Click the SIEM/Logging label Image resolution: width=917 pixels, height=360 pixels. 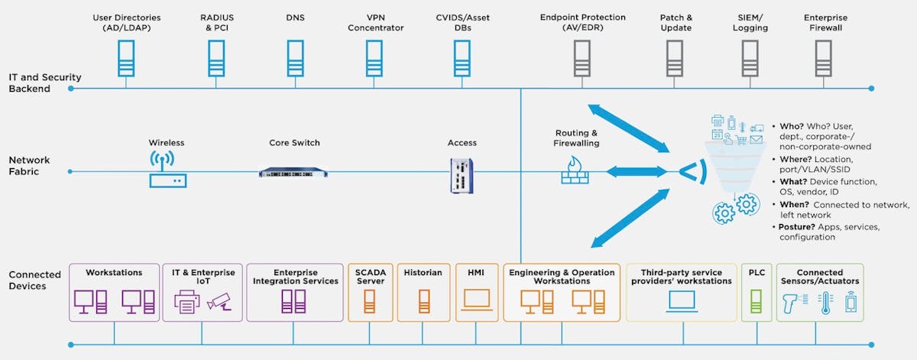(749, 22)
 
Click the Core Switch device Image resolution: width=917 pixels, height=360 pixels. (294, 172)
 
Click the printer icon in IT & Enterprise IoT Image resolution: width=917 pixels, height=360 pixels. (188, 303)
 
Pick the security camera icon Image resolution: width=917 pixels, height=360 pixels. (220, 303)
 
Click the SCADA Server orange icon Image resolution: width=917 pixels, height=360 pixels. (369, 303)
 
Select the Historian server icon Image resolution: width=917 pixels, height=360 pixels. (423, 303)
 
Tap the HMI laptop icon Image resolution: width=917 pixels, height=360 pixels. (475, 303)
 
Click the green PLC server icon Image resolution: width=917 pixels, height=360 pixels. (756, 303)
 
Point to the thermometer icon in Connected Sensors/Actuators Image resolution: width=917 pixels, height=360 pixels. (825, 303)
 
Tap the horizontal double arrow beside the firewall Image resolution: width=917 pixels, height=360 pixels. (633, 171)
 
